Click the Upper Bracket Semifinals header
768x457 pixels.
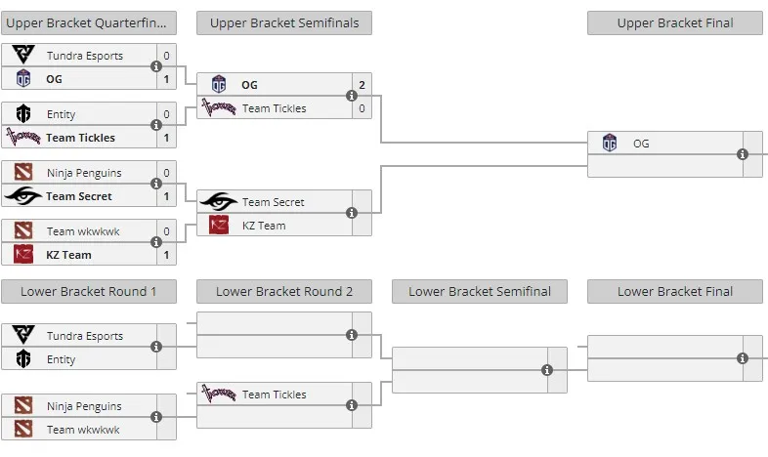pyautogui.click(x=284, y=23)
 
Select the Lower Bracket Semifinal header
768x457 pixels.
pyautogui.click(x=480, y=292)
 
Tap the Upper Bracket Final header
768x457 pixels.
pyautogui.click(x=675, y=23)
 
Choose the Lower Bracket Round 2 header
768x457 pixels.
pyautogui.click(x=284, y=292)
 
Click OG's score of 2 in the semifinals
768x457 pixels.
pyautogui.click(x=362, y=85)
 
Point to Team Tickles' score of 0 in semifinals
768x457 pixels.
pyautogui.click(x=362, y=108)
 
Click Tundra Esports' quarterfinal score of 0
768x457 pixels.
pyautogui.click(x=166, y=56)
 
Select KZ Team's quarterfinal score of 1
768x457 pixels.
pyautogui.click(x=166, y=255)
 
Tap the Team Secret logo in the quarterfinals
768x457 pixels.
pyautogui.click(x=22, y=195)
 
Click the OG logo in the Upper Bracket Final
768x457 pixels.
pyautogui.click(x=610, y=143)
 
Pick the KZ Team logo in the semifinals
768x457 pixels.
pyautogui.click(x=219, y=225)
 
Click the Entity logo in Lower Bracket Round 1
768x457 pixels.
pyautogui.click(x=23, y=358)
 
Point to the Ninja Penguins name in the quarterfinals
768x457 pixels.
pyautogui.click(x=84, y=173)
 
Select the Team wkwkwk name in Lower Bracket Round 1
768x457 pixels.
pyautogui.click(x=83, y=430)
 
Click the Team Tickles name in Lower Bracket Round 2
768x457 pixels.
pyautogui.click(x=275, y=395)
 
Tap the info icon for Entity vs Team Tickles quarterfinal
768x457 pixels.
pyautogui.click(x=156, y=125)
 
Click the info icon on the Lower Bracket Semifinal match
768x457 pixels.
pyautogui.click(x=547, y=370)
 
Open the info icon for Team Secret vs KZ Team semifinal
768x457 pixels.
pyautogui.click(x=352, y=213)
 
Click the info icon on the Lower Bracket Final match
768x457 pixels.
pyautogui.click(x=743, y=358)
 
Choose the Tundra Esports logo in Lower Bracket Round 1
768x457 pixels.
pyautogui.click(x=23, y=335)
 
